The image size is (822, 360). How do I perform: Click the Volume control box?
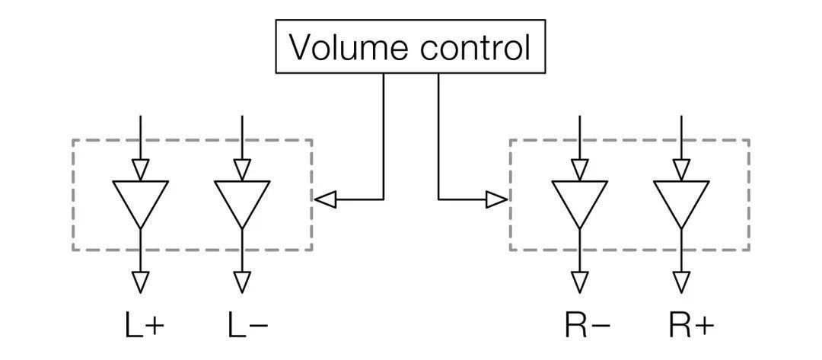click(410, 46)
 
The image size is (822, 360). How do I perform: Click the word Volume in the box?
click(349, 47)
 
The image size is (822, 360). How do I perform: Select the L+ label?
click(144, 326)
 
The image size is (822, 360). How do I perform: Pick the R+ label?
click(691, 326)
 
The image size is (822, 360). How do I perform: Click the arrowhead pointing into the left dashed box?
click(325, 199)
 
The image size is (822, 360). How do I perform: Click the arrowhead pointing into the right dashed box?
click(497, 199)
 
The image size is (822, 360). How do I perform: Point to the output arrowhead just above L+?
click(140, 282)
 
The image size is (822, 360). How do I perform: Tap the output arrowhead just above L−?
click(242, 282)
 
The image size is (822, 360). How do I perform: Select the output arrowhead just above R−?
click(580, 282)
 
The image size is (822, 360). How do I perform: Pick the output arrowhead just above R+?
click(681, 282)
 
